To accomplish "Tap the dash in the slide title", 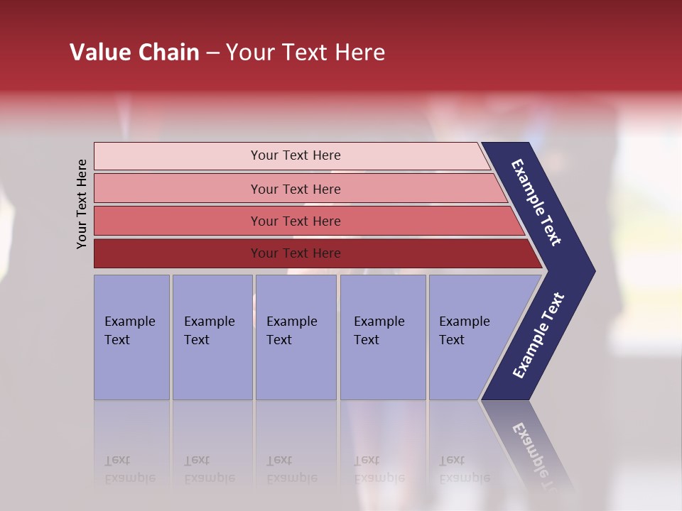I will coord(212,53).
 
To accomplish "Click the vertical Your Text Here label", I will coord(82,204).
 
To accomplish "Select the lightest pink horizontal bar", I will coord(291,155).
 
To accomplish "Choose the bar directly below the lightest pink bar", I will coord(298,189).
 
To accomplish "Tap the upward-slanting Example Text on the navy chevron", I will coord(538,336).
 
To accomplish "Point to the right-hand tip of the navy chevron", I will coord(593,271).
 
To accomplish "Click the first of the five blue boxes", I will coord(131,337).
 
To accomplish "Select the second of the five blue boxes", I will coord(212,337).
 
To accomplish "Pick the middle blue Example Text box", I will coord(296,337).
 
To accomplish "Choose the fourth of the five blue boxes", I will coord(382,337).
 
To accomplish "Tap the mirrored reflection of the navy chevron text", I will coord(534,454).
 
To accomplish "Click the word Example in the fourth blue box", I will coord(379,322).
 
